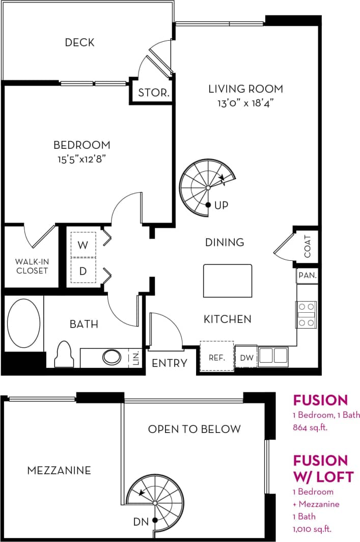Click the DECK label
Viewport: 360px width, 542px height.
[80, 42]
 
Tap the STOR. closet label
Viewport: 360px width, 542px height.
[154, 93]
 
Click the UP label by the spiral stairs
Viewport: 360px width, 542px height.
[221, 205]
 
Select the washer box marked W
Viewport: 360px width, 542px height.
[83, 245]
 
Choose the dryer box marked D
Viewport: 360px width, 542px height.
[83, 271]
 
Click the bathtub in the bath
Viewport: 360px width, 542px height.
[23, 323]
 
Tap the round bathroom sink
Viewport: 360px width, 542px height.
[112, 356]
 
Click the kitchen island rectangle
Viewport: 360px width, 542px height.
[228, 281]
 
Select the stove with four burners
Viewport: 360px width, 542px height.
[307, 315]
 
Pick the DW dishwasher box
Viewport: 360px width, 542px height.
[246, 358]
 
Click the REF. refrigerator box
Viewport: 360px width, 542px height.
[217, 358]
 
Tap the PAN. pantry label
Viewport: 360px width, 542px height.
[308, 276]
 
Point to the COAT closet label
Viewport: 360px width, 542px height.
[307, 247]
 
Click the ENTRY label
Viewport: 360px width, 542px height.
[170, 363]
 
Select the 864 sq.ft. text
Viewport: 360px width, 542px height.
[310, 427]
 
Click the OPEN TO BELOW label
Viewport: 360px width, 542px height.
[194, 429]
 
